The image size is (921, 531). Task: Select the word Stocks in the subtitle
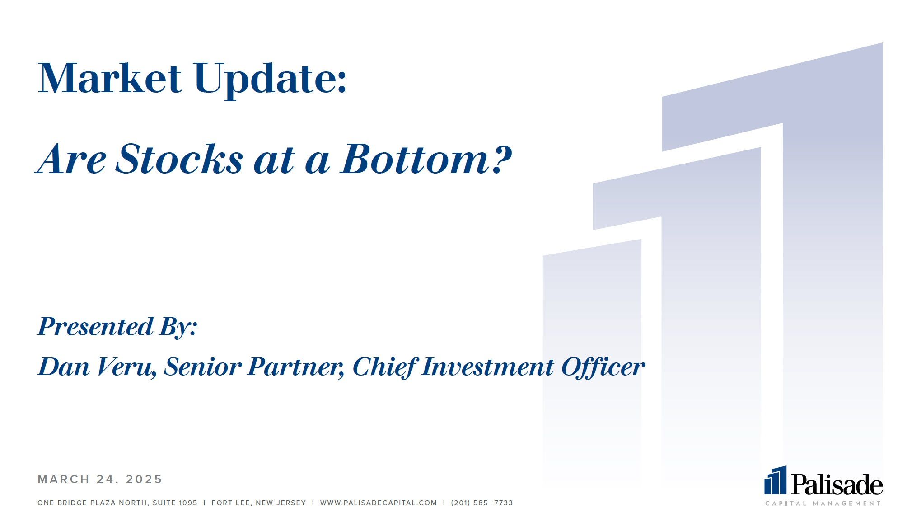179,159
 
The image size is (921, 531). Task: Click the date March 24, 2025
100,479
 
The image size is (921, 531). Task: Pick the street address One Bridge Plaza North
93,503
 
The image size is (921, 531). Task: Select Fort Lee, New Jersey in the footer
259,503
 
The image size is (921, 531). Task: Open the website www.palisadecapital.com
379,503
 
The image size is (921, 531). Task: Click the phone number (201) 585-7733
482,503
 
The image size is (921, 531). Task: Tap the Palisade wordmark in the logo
837,485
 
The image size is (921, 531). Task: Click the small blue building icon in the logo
776,480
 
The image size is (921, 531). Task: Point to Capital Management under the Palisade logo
823,503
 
